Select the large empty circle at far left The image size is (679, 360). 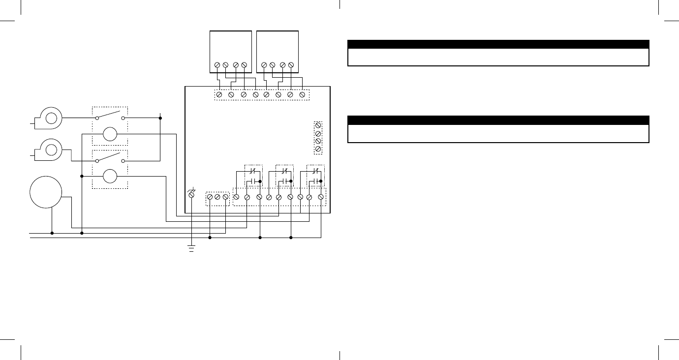pos(46,192)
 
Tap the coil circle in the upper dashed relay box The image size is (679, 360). pos(110,134)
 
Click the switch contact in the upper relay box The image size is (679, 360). pos(110,116)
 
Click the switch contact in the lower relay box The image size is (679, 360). pos(110,158)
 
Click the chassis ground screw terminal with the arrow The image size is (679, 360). pos(191,195)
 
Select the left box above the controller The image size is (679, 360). pos(231,51)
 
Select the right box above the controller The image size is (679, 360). pos(278,51)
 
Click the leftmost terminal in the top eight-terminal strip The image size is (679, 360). pos(219,94)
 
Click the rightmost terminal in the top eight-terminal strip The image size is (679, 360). pos(302,94)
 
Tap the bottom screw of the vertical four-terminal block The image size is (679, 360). pos(318,149)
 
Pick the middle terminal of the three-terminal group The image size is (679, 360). pos(217,197)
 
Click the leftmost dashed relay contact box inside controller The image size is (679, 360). pos(254,176)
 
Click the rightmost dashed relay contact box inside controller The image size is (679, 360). pos(315,176)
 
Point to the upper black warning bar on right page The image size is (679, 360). pos(498,44)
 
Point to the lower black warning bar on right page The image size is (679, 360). pos(498,120)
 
